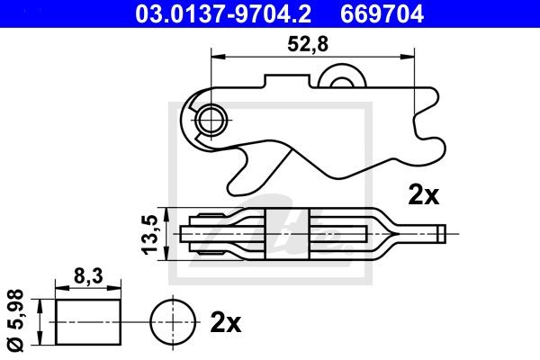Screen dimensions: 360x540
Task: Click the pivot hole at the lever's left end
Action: (212, 117)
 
